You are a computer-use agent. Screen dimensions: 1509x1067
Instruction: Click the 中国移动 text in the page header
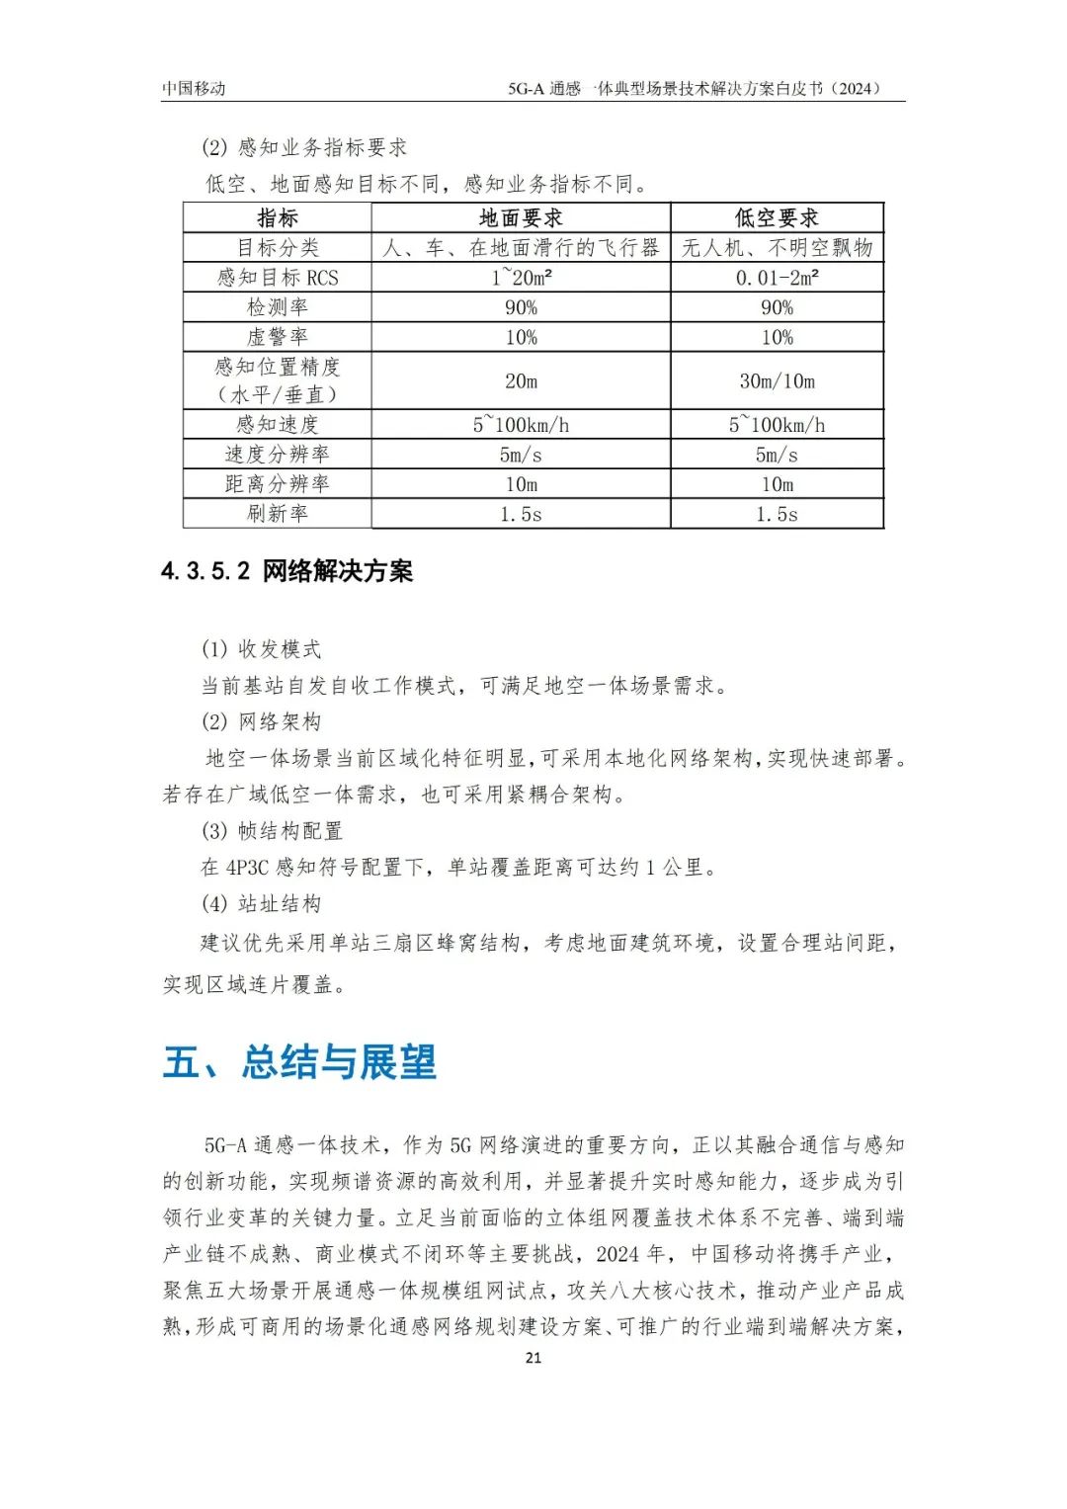click(x=194, y=88)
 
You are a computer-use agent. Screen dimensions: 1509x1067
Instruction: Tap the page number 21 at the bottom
click(x=533, y=1357)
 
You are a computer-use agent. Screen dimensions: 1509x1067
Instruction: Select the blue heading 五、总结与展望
click(x=299, y=1062)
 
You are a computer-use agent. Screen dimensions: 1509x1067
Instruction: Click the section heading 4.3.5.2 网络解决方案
click(x=287, y=571)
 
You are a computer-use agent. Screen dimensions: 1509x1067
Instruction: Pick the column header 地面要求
click(x=521, y=218)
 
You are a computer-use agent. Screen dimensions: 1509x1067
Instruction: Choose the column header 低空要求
click(x=777, y=218)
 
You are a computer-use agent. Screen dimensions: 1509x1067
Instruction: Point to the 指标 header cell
click(x=277, y=218)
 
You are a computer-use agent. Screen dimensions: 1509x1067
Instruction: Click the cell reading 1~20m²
click(x=521, y=278)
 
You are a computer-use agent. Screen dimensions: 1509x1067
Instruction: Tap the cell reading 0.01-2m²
click(x=777, y=278)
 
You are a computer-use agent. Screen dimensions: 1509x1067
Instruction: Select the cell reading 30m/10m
click(x=777, y=381)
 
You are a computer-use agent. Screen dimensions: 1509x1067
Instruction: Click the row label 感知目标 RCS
click(x=278, y=278)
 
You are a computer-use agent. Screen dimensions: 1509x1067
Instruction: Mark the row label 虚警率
click(x=277, y=337)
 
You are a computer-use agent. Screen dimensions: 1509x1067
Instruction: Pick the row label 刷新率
click(x=277, y=514)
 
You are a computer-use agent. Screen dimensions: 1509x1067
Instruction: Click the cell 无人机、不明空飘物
click(x=777, y=248)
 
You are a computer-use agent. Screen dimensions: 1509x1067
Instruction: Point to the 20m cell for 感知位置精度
click(x=521, y=381)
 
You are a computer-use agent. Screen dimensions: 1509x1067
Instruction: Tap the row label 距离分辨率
click(x=277, y=484)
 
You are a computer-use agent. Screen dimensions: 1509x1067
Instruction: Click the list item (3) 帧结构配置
click(x=272, y=831)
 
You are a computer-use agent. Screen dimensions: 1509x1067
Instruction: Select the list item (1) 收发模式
click(x=261, y=649)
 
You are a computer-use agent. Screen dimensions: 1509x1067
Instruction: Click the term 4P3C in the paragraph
click(x=247, y=868)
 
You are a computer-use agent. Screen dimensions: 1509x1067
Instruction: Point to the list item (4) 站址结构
click(x=261, y=903)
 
